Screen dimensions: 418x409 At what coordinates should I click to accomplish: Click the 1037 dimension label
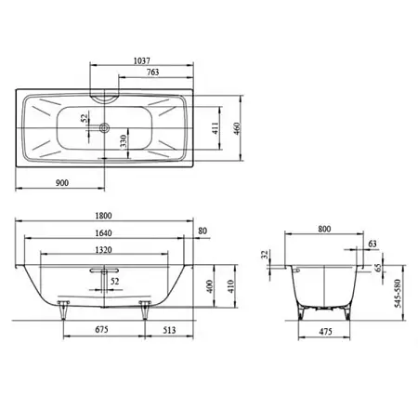click(x=142, y=60)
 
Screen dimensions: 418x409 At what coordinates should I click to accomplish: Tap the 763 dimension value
click(x=153, y=73)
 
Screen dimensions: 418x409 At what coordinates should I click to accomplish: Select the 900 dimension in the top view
click(x=62, y=183)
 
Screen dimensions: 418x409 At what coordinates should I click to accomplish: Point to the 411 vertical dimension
click(x=216, y=128)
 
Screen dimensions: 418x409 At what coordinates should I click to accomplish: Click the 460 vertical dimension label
click(x=236, y=128)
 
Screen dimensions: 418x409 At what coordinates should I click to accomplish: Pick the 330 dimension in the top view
click(x=124, y=141)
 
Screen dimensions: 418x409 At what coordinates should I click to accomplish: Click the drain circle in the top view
click(x=104, y=127)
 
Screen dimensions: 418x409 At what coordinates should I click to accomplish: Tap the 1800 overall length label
click(x=103, y=216)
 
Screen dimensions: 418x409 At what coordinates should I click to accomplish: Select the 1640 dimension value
click(x=103, y=233)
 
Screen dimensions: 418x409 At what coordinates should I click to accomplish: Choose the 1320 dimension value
click(x=103, y=250)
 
